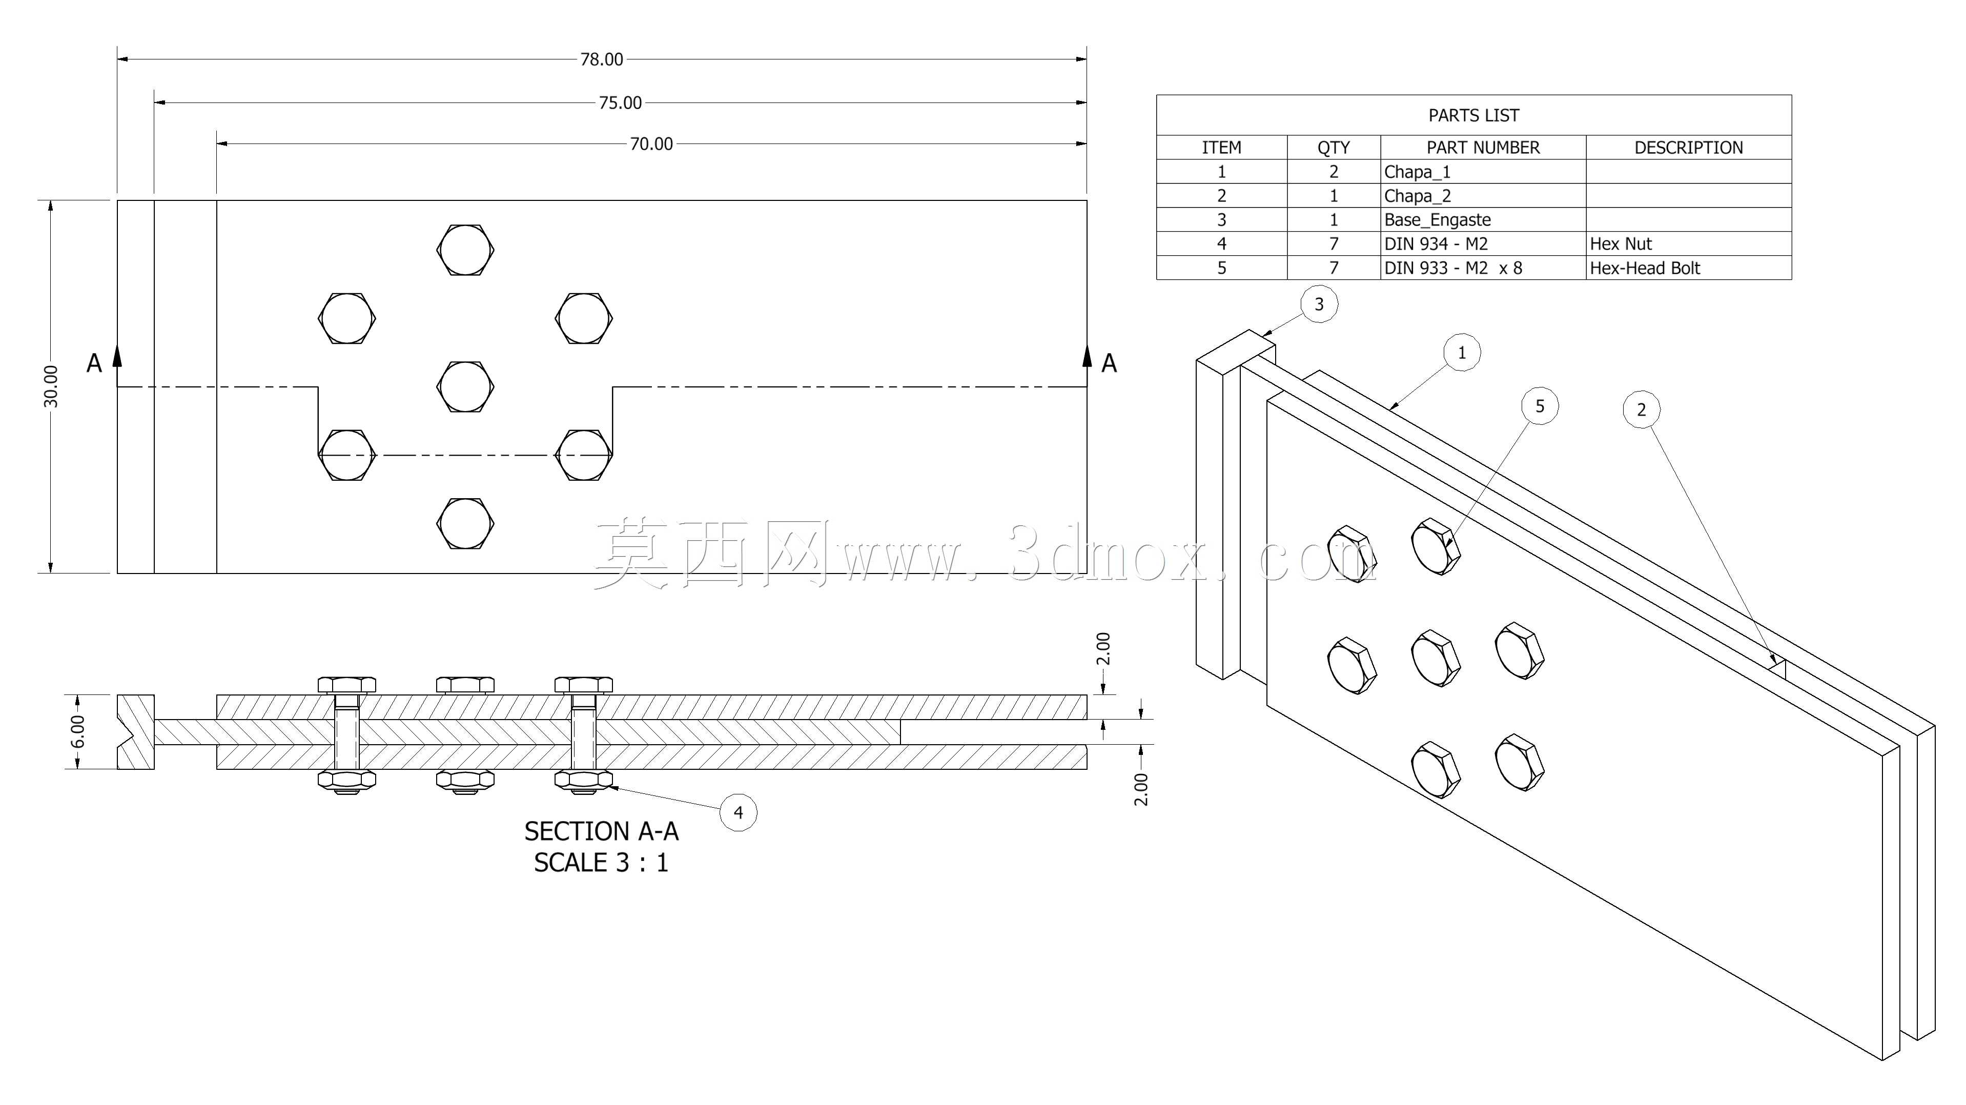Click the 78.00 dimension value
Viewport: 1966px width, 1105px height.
click(x=601, y=59)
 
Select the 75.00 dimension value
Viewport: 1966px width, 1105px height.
click(x=621, y=103)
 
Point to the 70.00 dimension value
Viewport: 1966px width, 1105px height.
click(x=651, y=144)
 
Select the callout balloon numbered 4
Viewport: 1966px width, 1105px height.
click(x=738, y=813)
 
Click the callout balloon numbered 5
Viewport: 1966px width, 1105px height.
click(x=1540, y=406)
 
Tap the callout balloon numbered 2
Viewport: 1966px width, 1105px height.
click(x=1642, y=410)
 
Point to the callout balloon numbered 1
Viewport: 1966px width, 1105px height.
click(x=1462, y=353)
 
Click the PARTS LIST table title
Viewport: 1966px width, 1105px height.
click(x=1474, y=115)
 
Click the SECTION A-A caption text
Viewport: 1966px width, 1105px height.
click(x=601, y=831)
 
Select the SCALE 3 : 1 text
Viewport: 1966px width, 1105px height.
click(x=601, y=863)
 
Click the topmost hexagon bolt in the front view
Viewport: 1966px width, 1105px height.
click(x=465, y=250)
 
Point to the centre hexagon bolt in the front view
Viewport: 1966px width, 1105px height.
click(x=465, y=387)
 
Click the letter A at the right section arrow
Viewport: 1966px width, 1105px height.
click(x=1109, y=363)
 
